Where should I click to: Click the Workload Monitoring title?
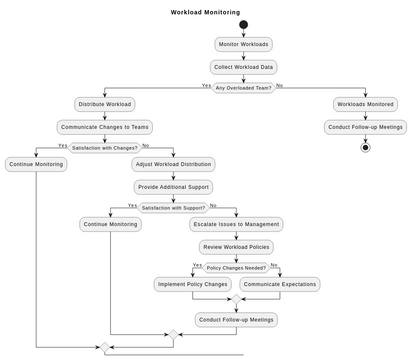(x=205, y=13)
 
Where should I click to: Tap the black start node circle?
(x=243, y=25)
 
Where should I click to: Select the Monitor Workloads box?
(x=243, y=44)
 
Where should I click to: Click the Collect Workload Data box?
(x=243, y=67)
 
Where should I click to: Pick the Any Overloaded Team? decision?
(x=243, y=88)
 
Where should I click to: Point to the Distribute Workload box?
(x=105, y=104)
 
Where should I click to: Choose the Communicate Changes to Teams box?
(x=105, y=127)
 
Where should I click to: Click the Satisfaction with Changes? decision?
(x=105, y=147)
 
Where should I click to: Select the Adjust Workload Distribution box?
(x=173, y=164)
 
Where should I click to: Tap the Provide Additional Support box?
(x=173, y=187)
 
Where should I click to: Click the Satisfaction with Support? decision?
(x=173, y=208)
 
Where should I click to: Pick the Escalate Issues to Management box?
(x=236, y=224)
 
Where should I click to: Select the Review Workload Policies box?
(x=236, y=247)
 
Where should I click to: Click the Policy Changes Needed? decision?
(x=236, y=268)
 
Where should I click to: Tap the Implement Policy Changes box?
(x=192, y=284)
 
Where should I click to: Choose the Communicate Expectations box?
(x=279, y=284)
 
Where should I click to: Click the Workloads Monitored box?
(x=365, y=104)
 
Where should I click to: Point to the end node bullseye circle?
(x=365, y=147)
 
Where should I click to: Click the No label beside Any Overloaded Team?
(x=279, y=85)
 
